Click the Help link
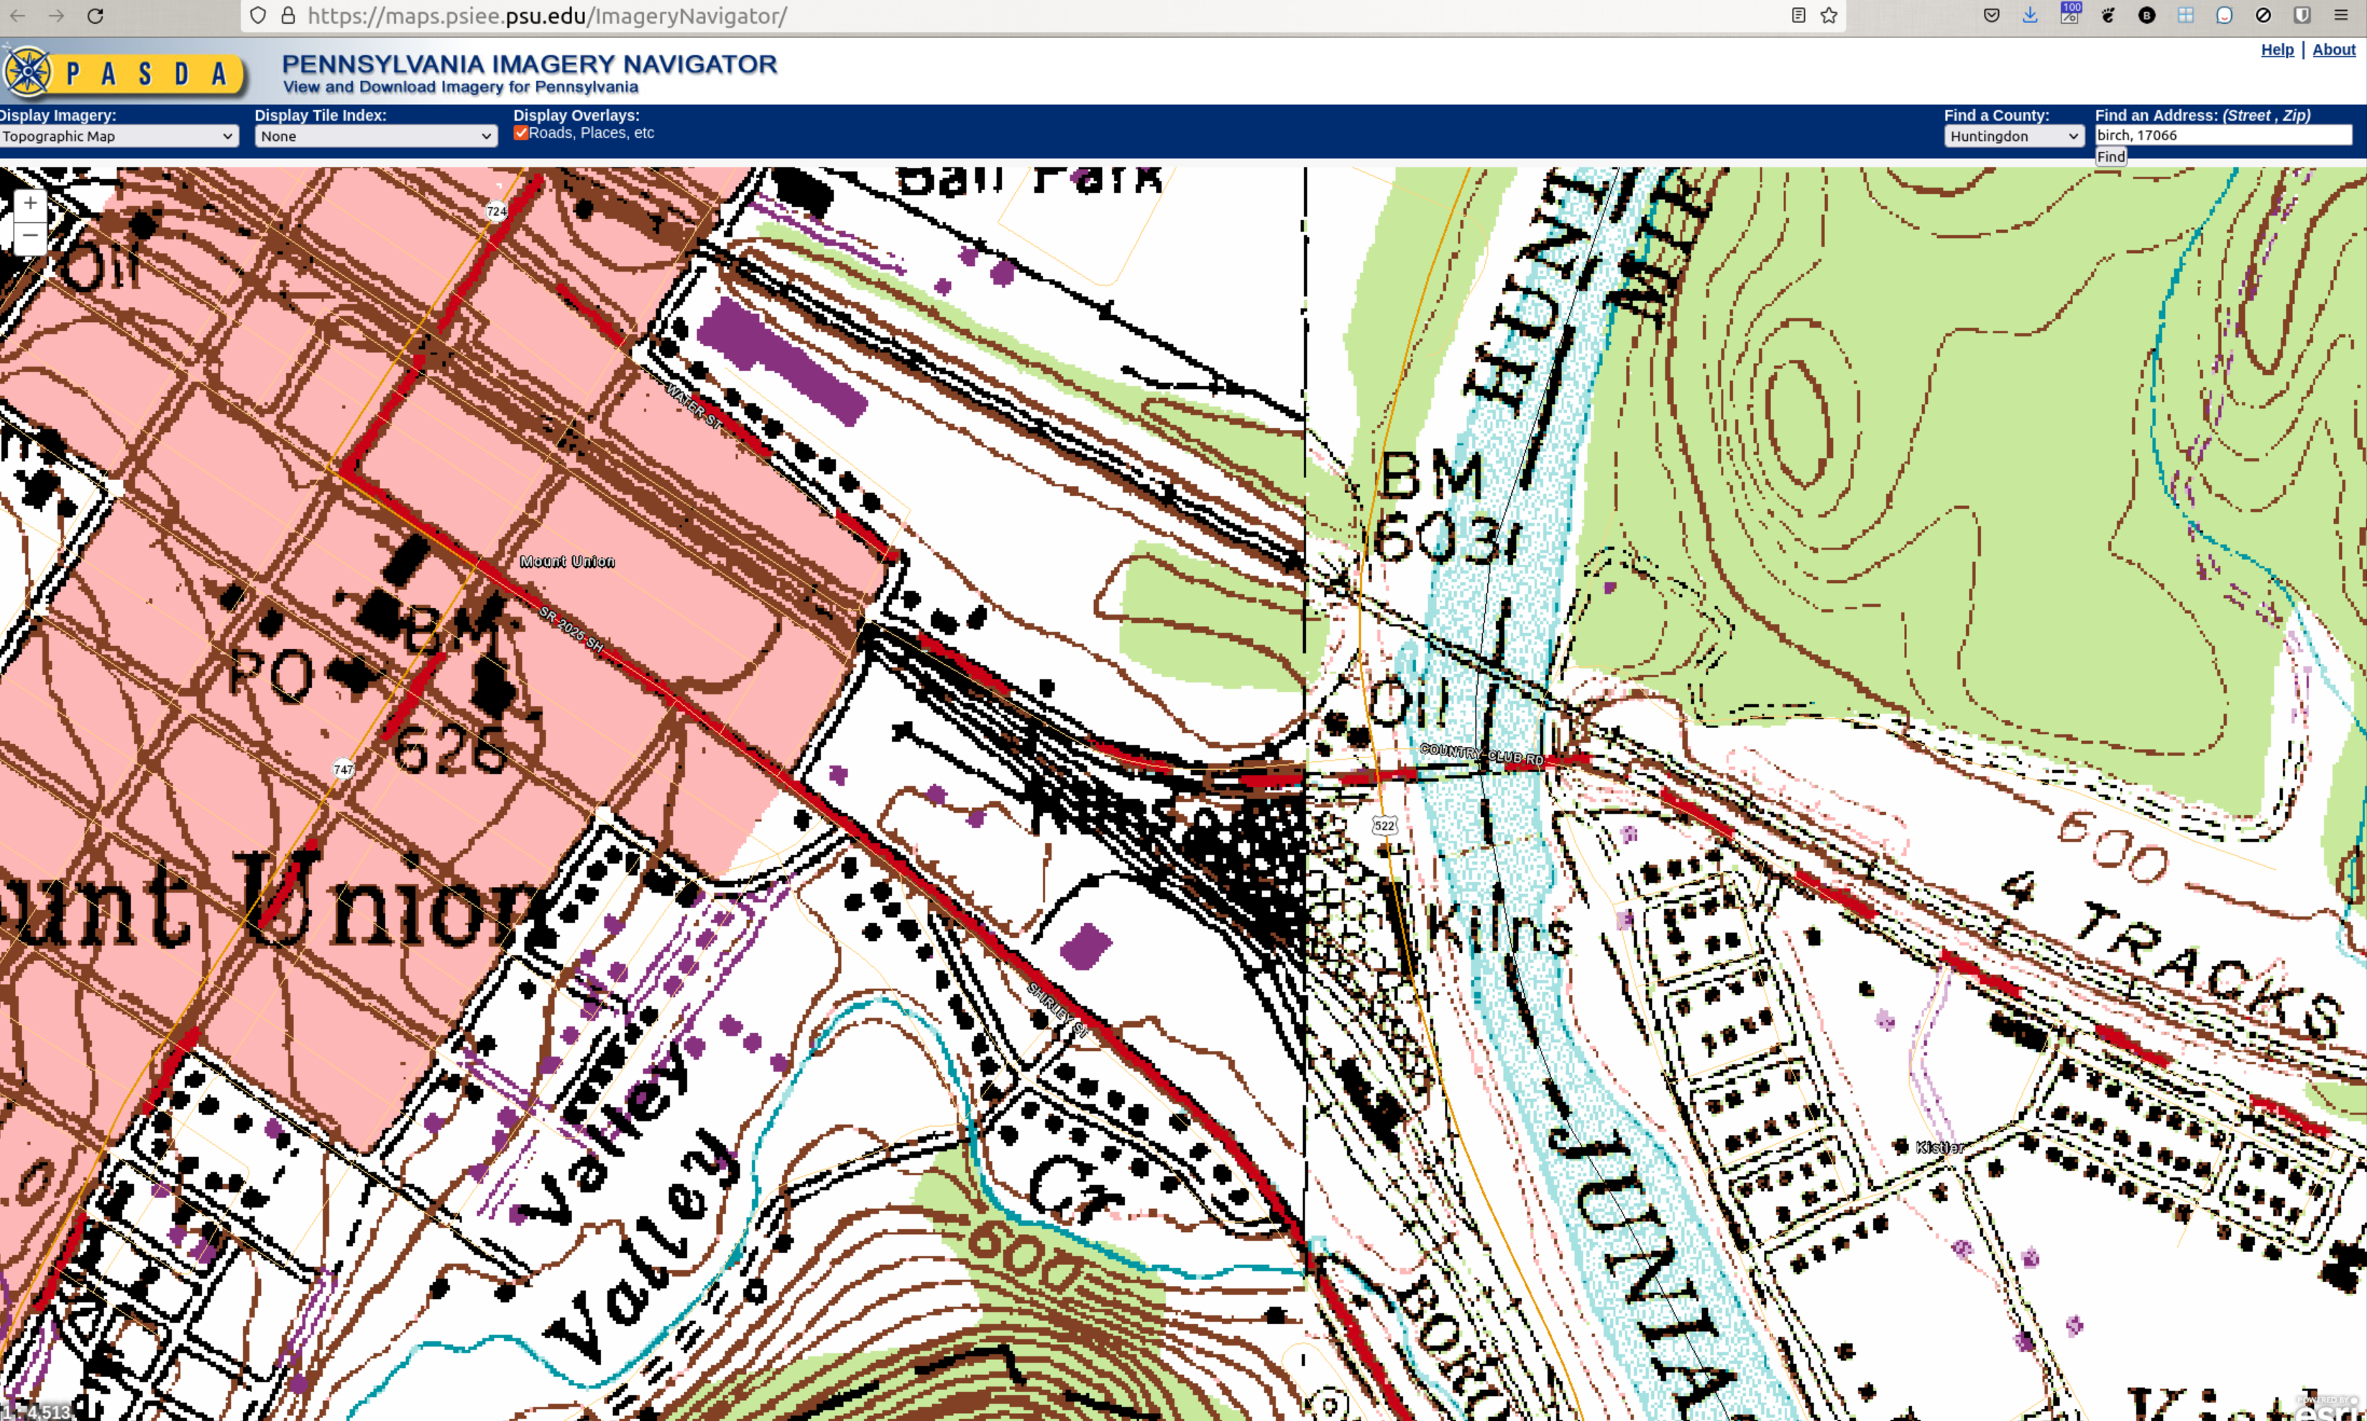point(2277,50)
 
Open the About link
point(2333,50)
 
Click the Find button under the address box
point(2110,157)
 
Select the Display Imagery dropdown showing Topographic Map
point(118,136)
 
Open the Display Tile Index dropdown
point(375,136)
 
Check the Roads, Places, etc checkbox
point(521,133)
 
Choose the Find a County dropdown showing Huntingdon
point(2013,136)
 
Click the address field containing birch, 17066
point(2222,135)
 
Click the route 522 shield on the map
point(1384,825)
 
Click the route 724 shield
point(496,211)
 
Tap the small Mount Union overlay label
point(568,561)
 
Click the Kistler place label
point(1940,1147)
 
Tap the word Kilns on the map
point(1499,929)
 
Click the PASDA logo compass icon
point(29,72)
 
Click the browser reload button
point(95,17)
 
